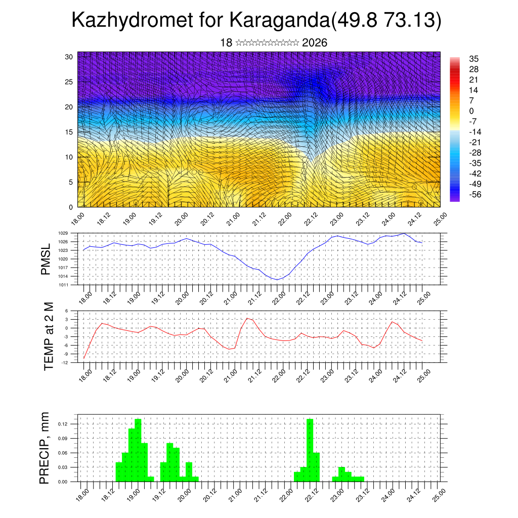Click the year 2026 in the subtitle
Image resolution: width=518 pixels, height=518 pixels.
[x=315, y=43]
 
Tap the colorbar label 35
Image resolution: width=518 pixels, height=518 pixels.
[x=474, y=59]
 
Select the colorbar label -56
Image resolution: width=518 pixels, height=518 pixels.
[x=475, y=195]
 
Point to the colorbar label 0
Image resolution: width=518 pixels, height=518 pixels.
[x=472, y=111]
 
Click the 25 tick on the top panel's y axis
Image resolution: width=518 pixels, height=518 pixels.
[x=70, y=82]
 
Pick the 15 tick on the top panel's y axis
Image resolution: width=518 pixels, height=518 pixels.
[x=70, y=132]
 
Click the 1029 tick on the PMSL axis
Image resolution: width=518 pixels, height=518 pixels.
[x=63, y=233]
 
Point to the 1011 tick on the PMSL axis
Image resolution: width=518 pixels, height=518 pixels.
[x=63, y=285]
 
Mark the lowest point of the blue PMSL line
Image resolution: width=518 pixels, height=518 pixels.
[x=277, y=280]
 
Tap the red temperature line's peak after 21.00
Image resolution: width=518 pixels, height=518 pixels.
[x=247, y=318]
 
